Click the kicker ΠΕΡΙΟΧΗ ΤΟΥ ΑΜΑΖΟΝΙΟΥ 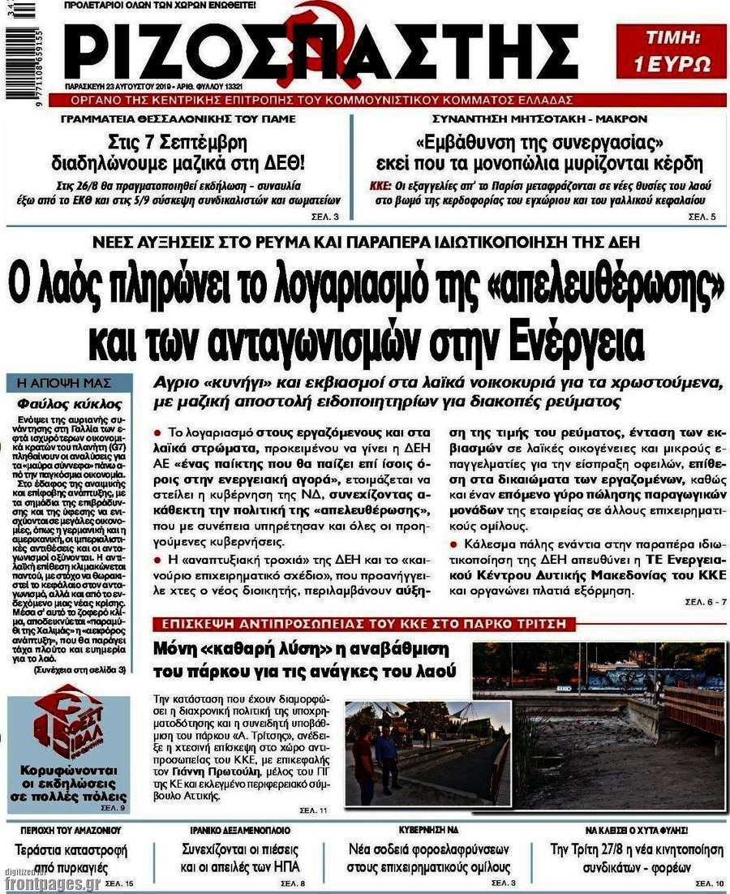(x=68, y=830)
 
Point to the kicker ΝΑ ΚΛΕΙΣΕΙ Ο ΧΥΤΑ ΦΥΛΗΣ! (x=637, y=831)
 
